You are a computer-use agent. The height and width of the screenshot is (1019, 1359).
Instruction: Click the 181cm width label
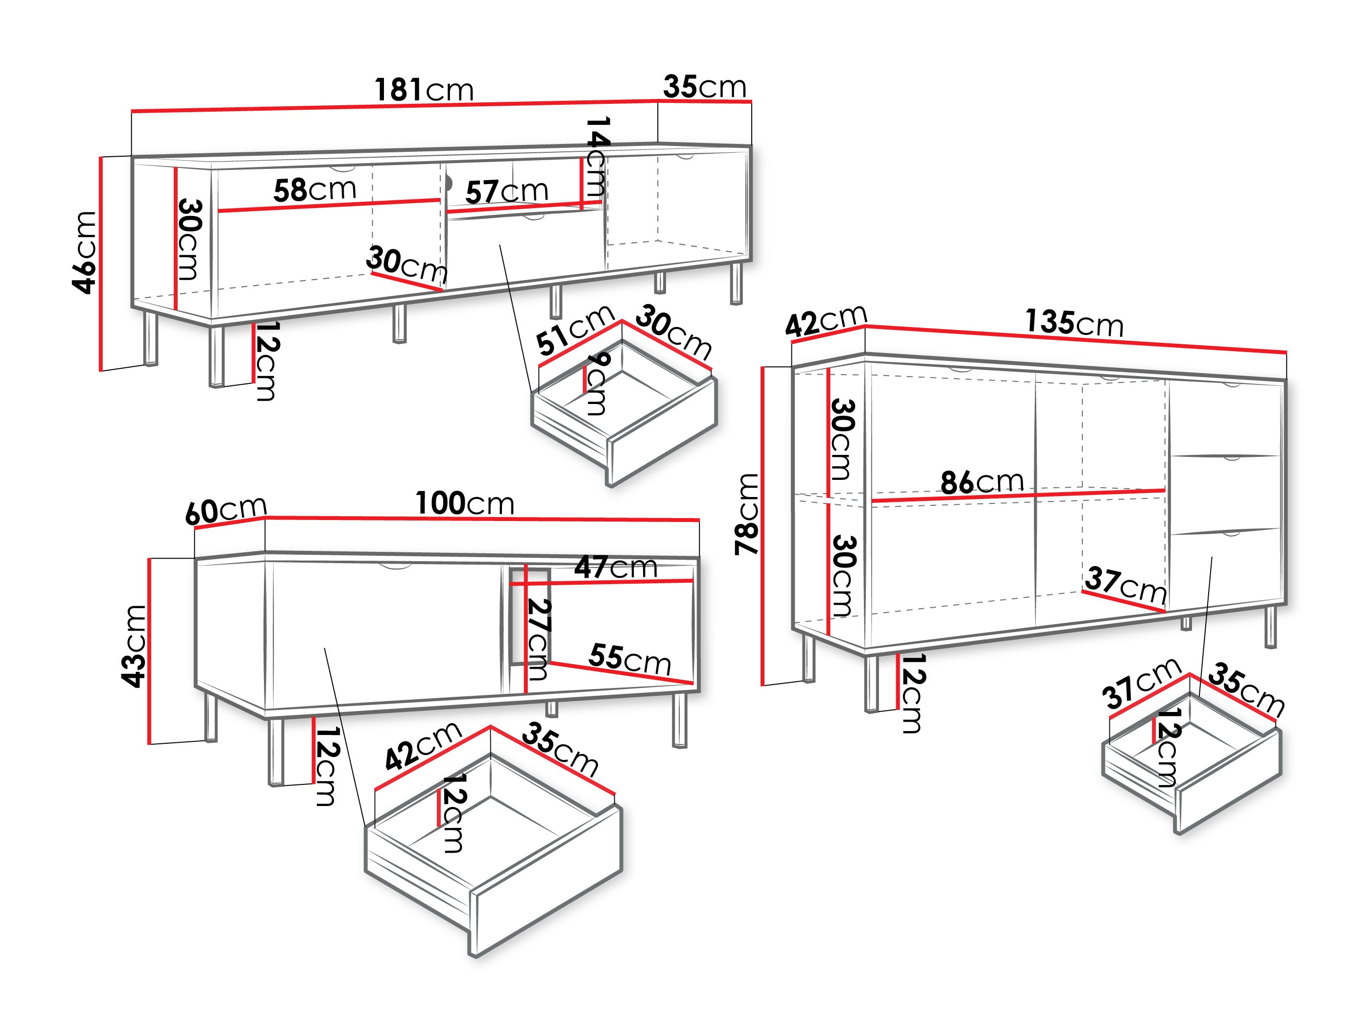click(424, 90)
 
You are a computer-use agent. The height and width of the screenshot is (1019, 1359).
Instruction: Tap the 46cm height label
click(84, 253)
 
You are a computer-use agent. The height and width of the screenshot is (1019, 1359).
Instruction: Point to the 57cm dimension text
click(506, 191)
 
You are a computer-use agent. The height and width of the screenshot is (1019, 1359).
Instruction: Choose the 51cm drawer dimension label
click(574, 330)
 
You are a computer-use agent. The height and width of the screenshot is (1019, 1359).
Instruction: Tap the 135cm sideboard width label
click(1074, 323)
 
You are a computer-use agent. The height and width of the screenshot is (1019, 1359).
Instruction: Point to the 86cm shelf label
click(982, 481)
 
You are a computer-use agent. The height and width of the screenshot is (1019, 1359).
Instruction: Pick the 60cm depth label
click(225, 510)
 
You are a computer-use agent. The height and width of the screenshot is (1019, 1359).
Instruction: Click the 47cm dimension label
click(616, 567)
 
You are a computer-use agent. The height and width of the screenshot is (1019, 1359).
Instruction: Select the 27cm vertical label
click(539, 640)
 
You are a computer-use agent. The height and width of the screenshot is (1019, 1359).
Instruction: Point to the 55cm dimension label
click(629, 659)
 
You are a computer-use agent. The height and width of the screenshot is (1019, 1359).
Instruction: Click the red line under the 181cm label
click(393, 106)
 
